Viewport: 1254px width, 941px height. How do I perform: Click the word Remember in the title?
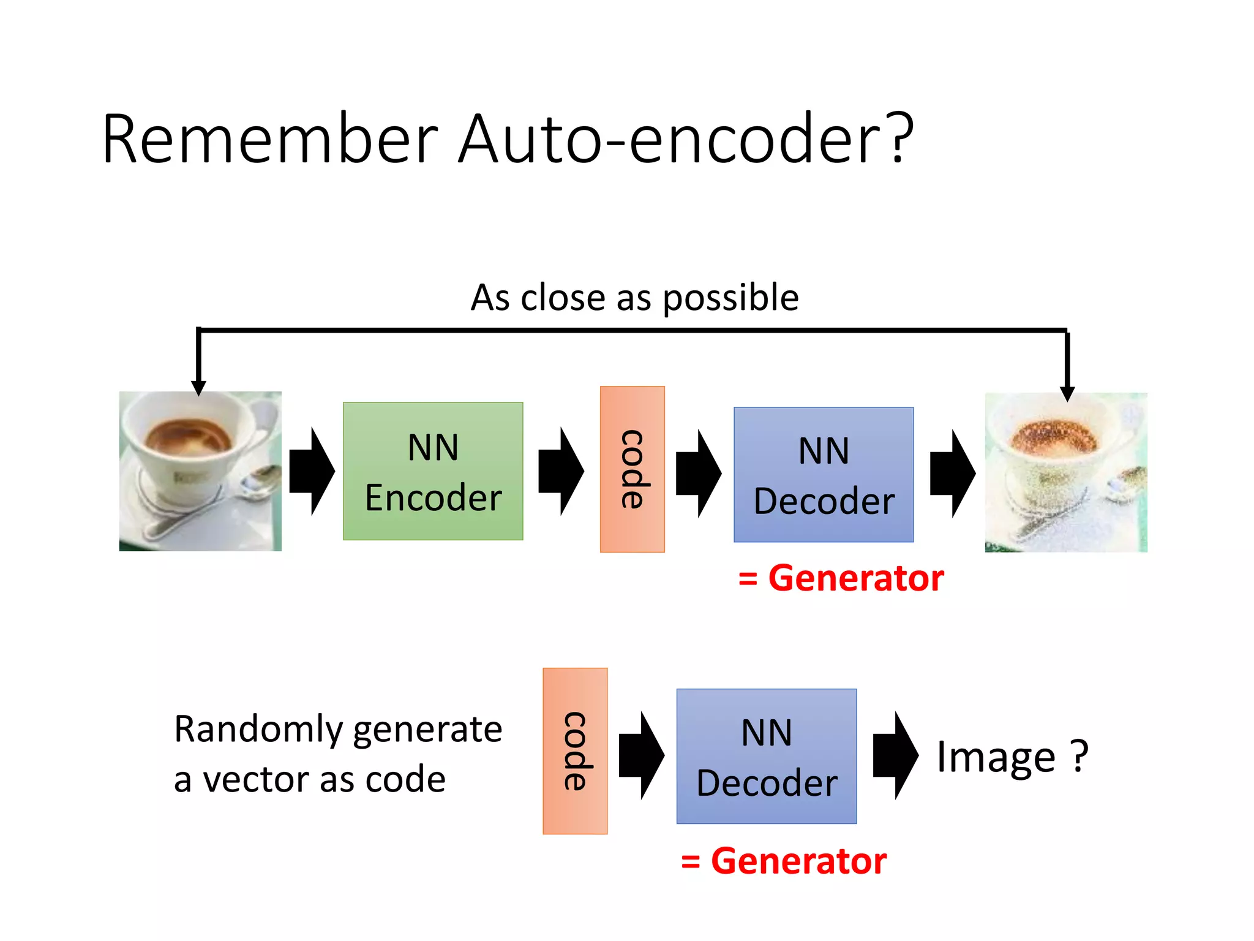click(270, 140)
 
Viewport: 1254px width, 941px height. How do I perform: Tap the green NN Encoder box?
click(433, 471)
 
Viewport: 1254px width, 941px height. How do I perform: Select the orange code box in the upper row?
click(632, 469)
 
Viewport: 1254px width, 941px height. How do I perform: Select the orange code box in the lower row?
click(575, 751)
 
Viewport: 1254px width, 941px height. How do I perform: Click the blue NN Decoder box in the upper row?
click(824, 475)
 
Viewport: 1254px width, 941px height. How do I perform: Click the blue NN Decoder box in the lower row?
click(766, 757)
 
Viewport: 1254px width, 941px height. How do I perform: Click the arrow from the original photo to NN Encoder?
click(312, 471)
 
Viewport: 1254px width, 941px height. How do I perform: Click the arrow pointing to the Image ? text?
click(895, 755)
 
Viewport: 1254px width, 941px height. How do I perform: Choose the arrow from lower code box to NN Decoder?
click(641, 755)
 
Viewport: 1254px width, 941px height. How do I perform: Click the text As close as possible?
click(634, 298)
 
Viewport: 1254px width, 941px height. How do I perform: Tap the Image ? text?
click(1012, 757)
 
